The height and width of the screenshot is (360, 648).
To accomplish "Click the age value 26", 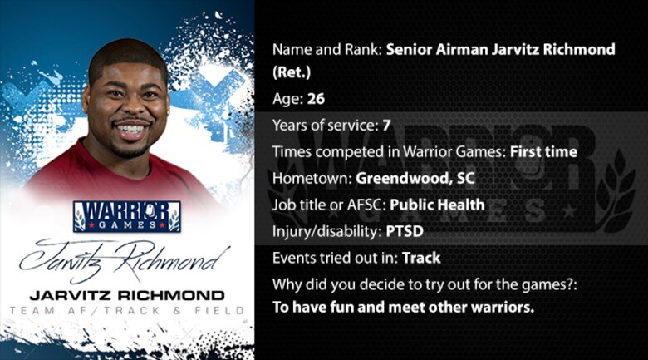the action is [317, 99].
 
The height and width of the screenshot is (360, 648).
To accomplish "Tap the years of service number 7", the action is [386, 126].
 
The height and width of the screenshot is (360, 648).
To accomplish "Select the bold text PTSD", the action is [405, 231].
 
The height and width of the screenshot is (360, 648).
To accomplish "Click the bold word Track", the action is [421, 258].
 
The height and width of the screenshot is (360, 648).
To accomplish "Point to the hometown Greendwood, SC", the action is [415, 179].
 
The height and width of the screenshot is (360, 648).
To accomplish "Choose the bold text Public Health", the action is [437, 205].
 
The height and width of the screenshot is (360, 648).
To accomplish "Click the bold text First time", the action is [543, 152].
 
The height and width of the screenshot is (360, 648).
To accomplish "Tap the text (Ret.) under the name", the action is [292, 72].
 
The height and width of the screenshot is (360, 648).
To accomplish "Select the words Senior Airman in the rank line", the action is [437, 49].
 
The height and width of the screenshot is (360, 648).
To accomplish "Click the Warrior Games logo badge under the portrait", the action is [127, 216].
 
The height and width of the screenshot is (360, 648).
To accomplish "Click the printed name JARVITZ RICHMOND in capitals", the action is [127, 295].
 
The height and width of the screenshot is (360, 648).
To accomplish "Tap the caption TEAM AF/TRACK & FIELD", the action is [127, 310].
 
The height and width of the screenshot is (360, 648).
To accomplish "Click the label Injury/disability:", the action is [326, 231].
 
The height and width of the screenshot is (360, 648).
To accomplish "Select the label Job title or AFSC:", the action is [329, 205].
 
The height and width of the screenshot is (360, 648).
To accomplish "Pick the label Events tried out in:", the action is [335, 258].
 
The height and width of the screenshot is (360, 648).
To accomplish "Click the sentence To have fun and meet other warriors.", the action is [404, 308].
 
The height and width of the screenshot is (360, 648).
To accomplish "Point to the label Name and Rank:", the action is [326, 49].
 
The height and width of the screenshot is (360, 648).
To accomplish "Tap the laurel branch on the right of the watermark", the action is [618, 190].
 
